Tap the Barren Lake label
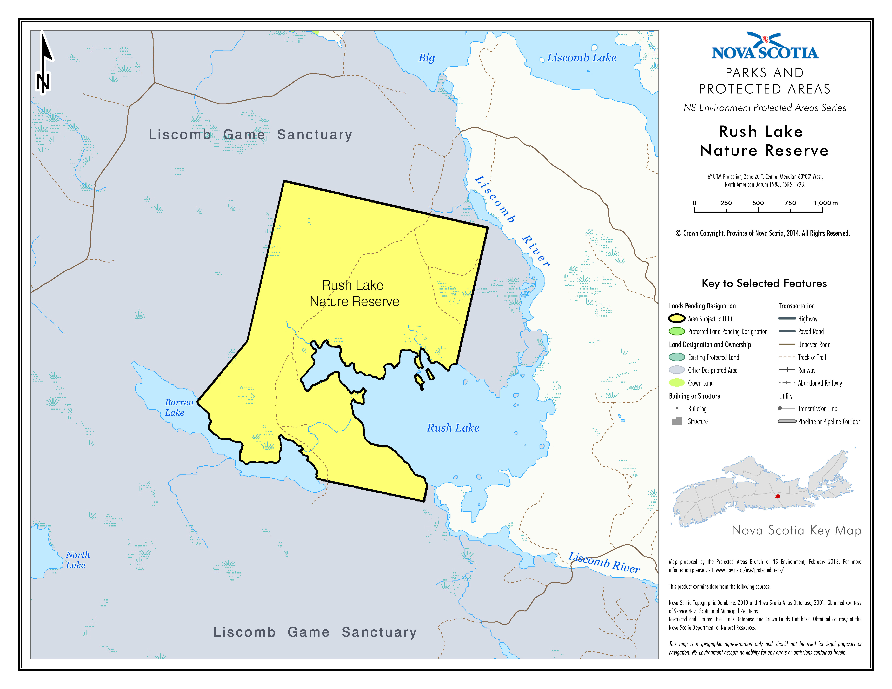pos(179,407)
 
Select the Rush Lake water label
pos(452,428)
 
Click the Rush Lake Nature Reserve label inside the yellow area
pos(354,293)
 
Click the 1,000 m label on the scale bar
pos(825,203)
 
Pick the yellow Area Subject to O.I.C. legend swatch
pos(676,318)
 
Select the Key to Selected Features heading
pos(764,283)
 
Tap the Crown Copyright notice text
pos(762,233)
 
